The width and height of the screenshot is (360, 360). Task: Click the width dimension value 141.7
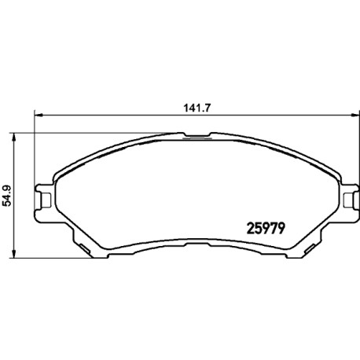pos(197,108)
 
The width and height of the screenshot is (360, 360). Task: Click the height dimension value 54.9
pos(7,196)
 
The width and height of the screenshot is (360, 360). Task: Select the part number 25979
pos(266,228)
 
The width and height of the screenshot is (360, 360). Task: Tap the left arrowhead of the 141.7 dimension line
pos(39,115)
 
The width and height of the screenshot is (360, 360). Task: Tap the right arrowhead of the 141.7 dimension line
pos(354,115)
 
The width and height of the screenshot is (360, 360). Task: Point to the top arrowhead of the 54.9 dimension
pos(13,137)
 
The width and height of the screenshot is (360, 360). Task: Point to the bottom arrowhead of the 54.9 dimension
pos(13,254)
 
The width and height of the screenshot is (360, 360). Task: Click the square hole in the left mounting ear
pos(46,200)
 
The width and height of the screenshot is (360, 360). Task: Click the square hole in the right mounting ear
pos(348,200)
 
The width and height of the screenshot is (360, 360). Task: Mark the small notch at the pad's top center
pos(197,135)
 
